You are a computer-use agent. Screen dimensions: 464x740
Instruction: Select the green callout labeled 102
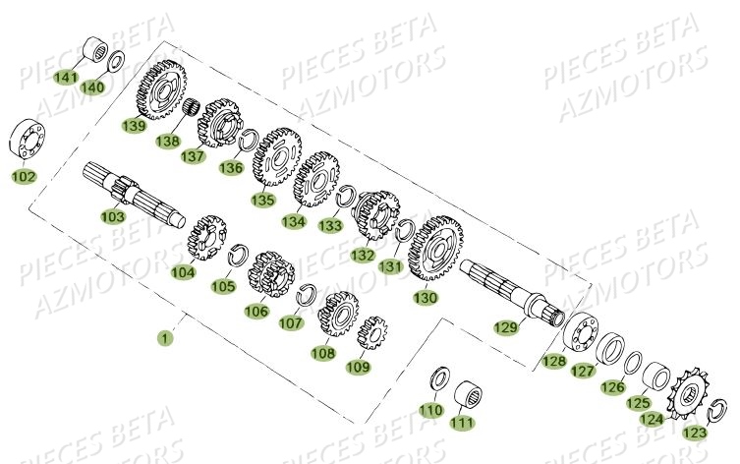click(x=23, y=177)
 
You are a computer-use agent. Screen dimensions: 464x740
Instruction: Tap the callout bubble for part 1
click(x=164, y=337)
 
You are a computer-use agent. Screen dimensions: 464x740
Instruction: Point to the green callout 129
click(x=505, y=327)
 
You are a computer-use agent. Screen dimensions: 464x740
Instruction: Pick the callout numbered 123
click(x=695, y=433)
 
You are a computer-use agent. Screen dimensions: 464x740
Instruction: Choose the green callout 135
click(x=261, y=200)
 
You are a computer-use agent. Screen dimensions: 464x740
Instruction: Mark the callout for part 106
click(x=256, y=311)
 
